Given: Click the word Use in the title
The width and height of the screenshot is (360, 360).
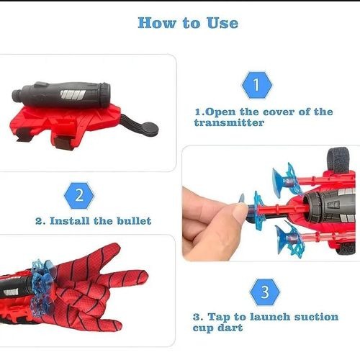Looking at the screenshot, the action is coord(222,23).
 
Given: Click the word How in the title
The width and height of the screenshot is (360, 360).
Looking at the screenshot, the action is coord(157,23).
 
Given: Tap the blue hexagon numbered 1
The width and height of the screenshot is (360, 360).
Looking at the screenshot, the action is coord(256,85).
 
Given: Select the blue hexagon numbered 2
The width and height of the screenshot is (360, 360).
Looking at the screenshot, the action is coord(79,196).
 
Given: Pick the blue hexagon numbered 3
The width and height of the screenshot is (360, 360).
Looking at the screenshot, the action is coord(265,292).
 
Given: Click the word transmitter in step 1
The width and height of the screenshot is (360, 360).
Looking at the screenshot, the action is coord(229,123).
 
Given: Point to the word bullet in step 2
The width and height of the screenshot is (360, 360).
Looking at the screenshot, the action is coord(134,221).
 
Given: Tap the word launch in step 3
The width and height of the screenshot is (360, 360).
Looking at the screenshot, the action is coord(270,317).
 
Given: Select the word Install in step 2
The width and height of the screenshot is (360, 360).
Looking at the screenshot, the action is coord(69,221).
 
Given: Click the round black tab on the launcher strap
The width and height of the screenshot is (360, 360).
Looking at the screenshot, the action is coord(150,128).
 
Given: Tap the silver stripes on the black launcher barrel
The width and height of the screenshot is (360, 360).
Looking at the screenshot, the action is coord(73,95).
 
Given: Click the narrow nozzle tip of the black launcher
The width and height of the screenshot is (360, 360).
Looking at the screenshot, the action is coord(17,95).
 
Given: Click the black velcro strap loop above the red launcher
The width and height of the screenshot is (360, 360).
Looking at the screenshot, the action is coord(339,160).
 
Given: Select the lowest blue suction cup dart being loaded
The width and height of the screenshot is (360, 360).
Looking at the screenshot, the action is coord(290,240).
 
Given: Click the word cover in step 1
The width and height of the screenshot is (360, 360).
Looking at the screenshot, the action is coord(279,112).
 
